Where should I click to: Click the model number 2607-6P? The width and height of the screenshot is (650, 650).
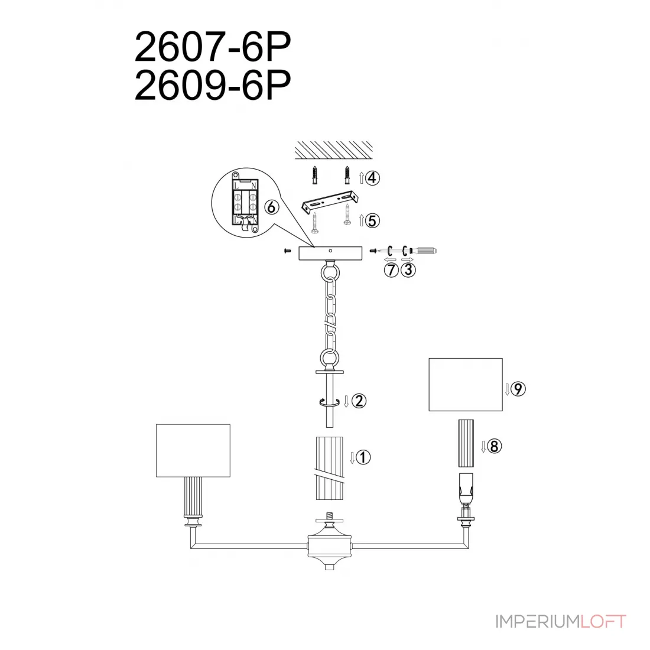[213, 47]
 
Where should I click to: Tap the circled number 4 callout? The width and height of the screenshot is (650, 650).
[372, 178]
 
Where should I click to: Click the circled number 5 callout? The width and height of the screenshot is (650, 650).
[372, 220]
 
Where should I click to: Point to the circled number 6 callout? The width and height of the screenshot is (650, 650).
[272, 207]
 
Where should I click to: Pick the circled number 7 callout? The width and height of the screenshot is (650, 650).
[391, 270]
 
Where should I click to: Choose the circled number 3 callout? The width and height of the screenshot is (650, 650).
[408, 270]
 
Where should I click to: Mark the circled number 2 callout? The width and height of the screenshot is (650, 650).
[359, 401]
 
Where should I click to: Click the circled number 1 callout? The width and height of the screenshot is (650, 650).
[363, 457]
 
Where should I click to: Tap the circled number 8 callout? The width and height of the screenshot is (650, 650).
[494, 447]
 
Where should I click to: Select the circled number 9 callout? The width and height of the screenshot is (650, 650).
[518, 389]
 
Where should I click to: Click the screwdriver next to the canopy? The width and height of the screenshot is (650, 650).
[420, 251]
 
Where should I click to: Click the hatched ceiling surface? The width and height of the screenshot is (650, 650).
[334, 150]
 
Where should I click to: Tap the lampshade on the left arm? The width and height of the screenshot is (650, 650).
[193, 451]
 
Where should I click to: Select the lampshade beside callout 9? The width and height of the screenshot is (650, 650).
[466, 385]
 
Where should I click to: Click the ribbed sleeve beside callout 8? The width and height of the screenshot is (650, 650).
[466, 444]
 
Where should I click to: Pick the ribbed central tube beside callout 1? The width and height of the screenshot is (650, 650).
[330, 468]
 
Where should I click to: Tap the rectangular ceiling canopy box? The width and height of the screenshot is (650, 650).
[330, 253]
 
